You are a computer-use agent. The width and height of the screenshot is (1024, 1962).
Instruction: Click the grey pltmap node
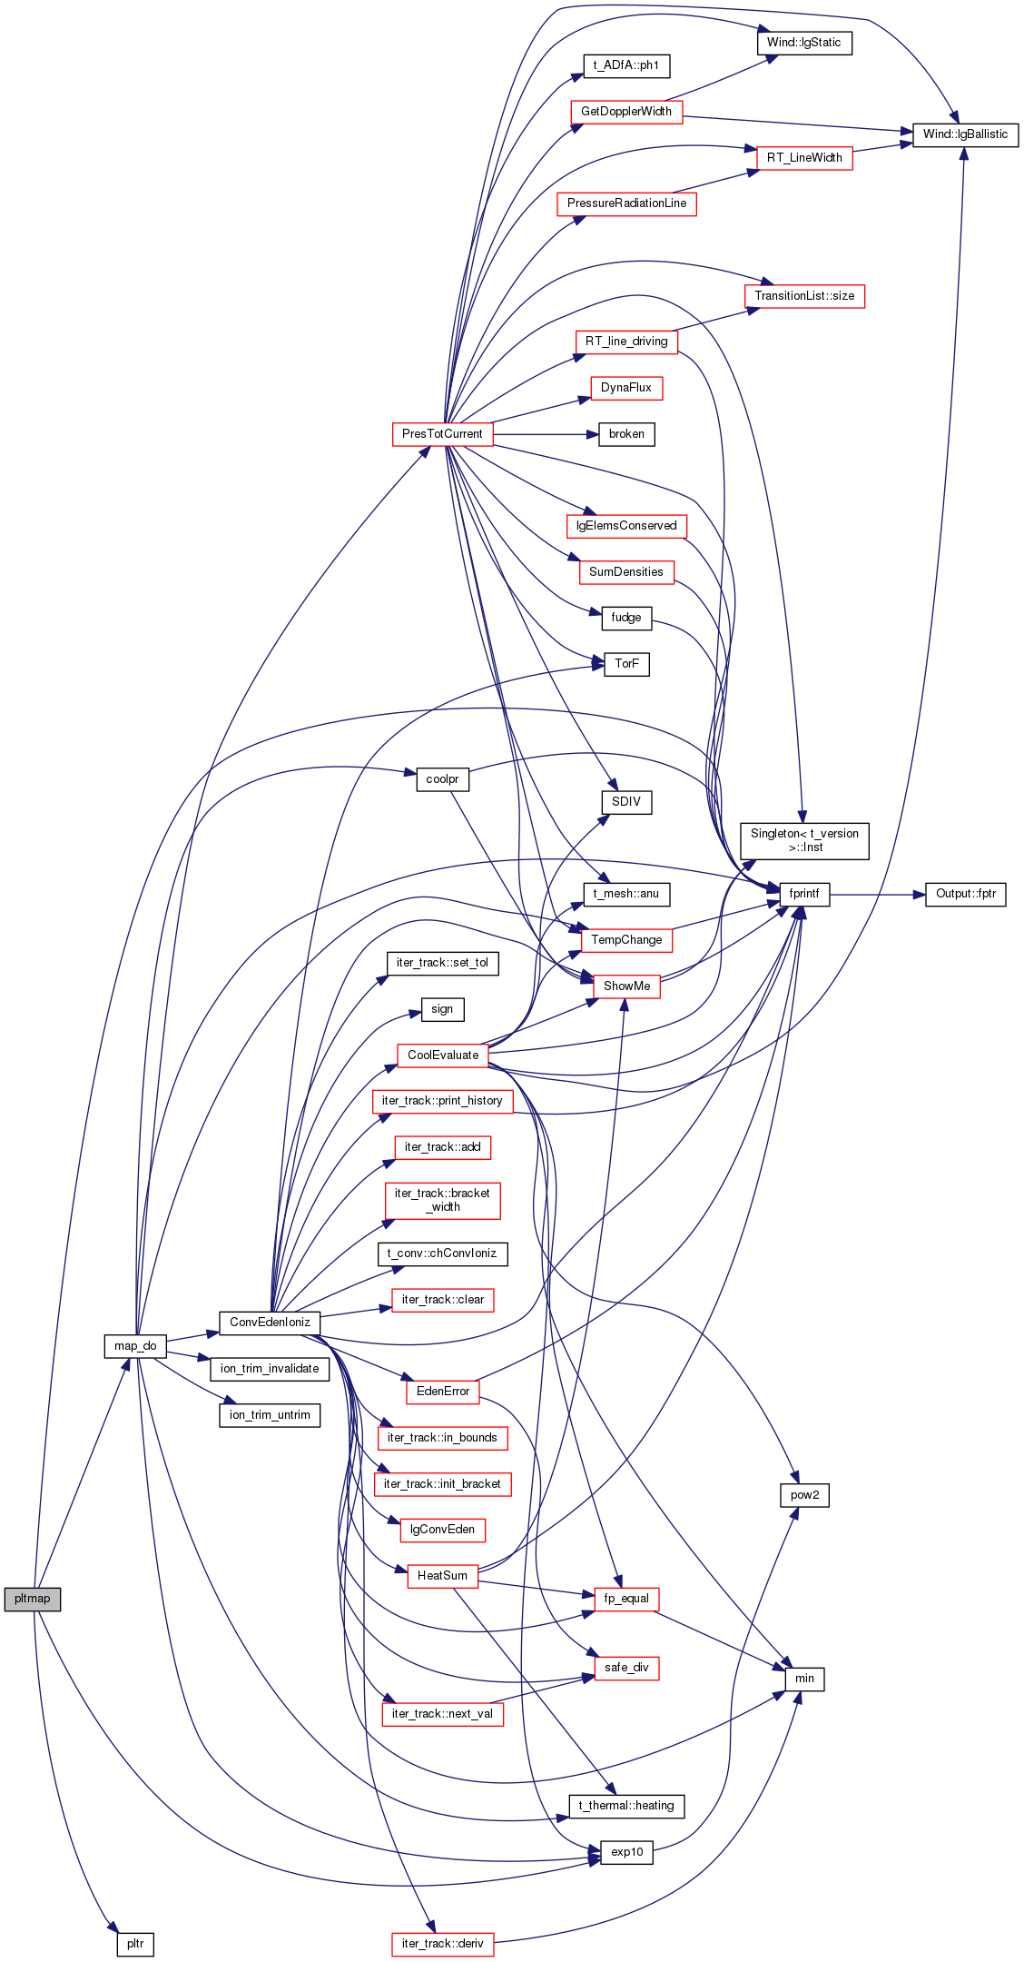pyautogui.click(x=33, y=1599)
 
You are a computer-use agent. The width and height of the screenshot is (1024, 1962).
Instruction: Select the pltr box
pyautogui.click(x=135, y=1944)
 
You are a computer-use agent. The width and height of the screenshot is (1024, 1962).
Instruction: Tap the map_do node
pyautogui.click(x=135, y=1346)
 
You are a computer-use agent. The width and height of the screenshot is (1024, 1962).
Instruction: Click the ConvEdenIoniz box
pyautogui.click(x=270, y=1323)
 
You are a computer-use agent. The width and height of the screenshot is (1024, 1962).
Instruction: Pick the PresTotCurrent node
pyautogui.click(x=442, y=434)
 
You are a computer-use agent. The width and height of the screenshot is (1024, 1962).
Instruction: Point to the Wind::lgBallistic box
pyautogui.click(x=965, y=134)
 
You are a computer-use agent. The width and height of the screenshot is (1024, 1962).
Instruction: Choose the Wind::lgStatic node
pyautogui.click(x=804, y=43)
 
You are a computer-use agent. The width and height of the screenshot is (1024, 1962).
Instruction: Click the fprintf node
pyautogui.click(x=804, y=894)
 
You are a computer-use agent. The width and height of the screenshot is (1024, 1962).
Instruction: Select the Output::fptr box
pyautogui.click(x=966, y=894)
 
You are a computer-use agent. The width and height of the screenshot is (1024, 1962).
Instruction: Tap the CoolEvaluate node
pyautogui.click(x=443, y=1055)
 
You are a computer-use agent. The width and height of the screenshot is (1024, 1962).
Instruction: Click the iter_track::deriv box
pyautogui.click(x=443, y=1944)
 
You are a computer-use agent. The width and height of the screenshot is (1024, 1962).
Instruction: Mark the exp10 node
pyautogui.click(x=627, y=1852)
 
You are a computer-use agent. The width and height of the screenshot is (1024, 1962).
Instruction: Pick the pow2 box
pyautogui.click(x=804, y=1495)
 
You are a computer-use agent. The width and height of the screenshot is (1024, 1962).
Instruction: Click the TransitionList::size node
pyautogui.click(x=804, y=296)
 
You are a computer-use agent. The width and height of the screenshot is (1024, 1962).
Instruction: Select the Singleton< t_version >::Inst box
pyautogui.click(x=804, y=841)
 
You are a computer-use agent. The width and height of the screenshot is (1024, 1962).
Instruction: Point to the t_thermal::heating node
pyautogui.click(x=626, y=1806)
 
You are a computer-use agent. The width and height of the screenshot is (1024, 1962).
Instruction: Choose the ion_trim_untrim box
pyautogui.click(x=270, y=1415)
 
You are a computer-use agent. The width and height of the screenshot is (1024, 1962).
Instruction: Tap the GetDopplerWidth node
pyautogui.click(x=626, y=112)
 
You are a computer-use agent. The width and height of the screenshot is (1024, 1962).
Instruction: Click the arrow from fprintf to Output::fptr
pyautogui.click(x=877, y=895)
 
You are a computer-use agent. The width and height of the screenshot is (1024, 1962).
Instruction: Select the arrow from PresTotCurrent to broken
pyautogui.click(x=546, y=434)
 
